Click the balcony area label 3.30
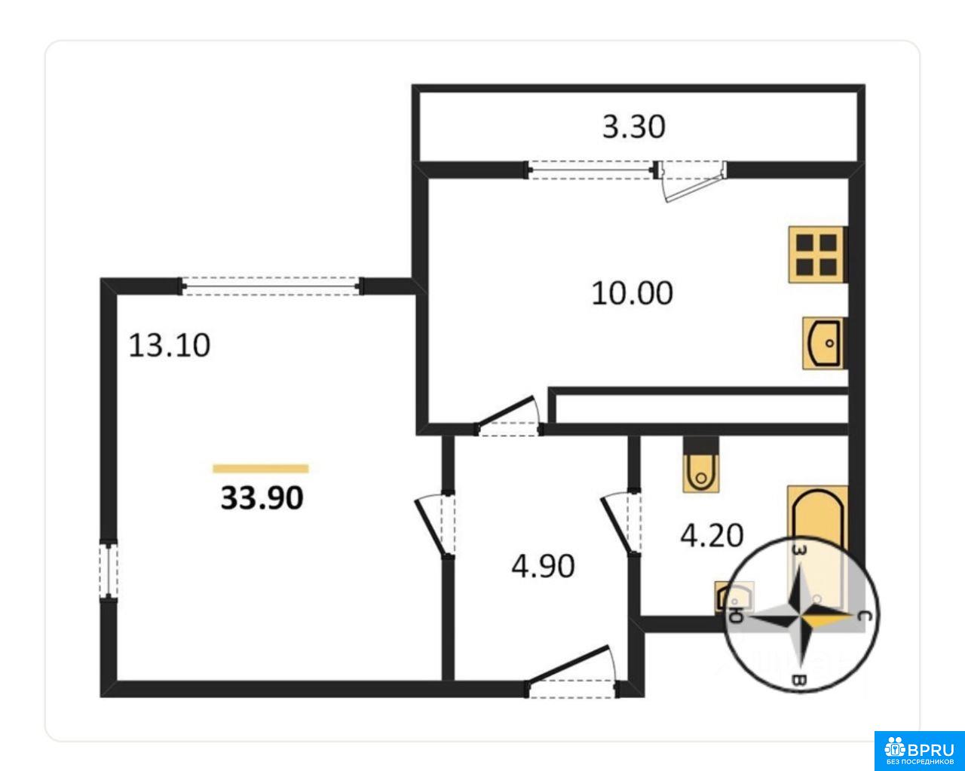click(x=633, y=127)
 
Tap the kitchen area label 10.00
click(x=633, y=294)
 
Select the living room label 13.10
click(x=170, y=346)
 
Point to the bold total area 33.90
click(x=262, y=498)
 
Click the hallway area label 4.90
click(x=543, y=566)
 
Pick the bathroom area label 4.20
click(x=712, y=536)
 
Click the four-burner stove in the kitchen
click(x=816, y=255)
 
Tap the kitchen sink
click(x=823, y=344)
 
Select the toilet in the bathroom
click(x=701, y=465)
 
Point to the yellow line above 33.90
click(x=261, y=469)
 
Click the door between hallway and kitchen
click(x=509, y=416)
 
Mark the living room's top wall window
click(x=271, y=286)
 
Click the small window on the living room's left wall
click(x=108, y=570)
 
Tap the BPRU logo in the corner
click(x=919, y=751)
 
